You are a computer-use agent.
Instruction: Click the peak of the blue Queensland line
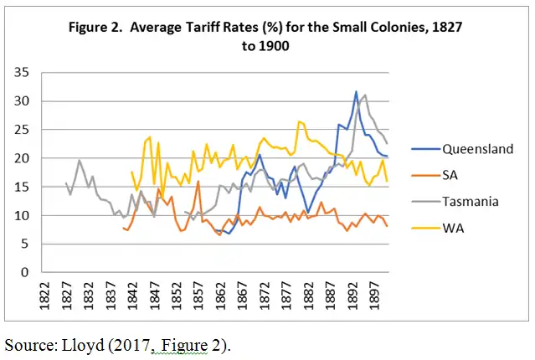click(x=356, y=92)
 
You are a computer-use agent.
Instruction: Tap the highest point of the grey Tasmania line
click(x=364, y=95)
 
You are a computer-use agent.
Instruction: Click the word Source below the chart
click(x=27, y=343)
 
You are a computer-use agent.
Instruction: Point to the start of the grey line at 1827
click(x=66, y=183)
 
